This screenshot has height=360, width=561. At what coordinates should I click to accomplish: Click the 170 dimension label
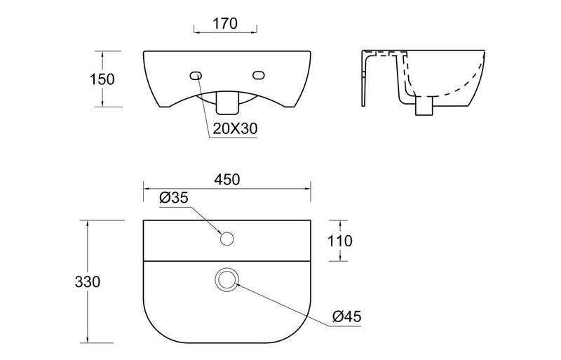(x=224, y=23)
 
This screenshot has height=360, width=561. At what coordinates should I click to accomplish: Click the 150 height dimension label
(x=103, y=79)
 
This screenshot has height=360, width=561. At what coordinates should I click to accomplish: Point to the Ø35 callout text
(x=174, y=199)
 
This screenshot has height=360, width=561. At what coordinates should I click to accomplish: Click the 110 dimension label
(x=339, y=241)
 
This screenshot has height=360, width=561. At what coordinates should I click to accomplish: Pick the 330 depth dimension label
(x=88, y=281)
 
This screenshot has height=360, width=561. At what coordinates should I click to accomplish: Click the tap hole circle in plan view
(x=226, y=239)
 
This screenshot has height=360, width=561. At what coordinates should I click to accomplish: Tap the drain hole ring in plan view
(x=227, y=279)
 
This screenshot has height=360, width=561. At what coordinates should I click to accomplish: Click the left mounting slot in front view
(x=195, y=75)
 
